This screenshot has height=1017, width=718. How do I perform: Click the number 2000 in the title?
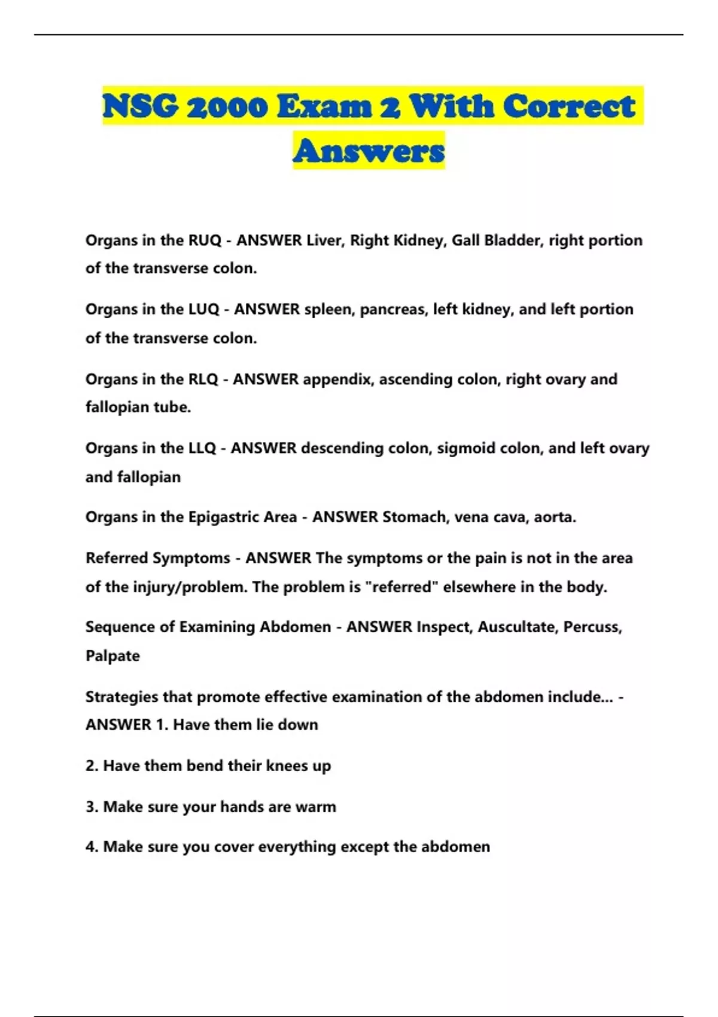pyautogui.click(x=227, y=106)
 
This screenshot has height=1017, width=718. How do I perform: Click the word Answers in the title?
pyautogui.click(x=369, y=150)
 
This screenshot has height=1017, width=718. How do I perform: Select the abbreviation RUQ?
pyautogui.click(x=205, y=240)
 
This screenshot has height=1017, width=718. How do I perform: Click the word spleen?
pyautogui.click(x=328, y=309)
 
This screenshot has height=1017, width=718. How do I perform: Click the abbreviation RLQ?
pyautogui.click(x=203, y=379)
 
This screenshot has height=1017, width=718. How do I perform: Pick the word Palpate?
pyautogui.click(x=112, y=656)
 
